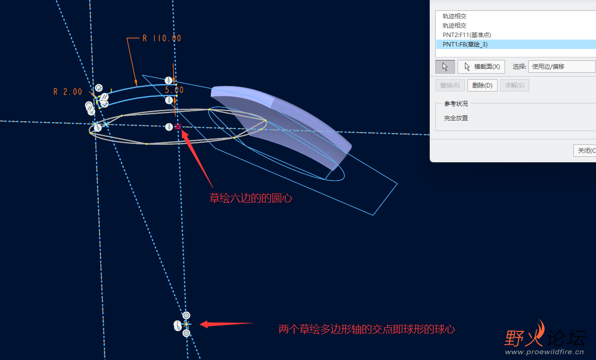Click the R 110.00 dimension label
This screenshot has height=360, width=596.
click(x=162, y=38)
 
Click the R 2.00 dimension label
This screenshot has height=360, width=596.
click(x=68, y=92)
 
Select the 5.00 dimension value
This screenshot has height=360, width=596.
click(x=174, y=90)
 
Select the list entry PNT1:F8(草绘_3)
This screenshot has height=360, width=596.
click(x=465, y=45)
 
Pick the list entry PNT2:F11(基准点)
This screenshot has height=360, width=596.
click(x=467, y=35)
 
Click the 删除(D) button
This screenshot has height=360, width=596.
click(x=482, y=86)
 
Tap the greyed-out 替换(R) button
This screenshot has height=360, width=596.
click(x=450, y=86)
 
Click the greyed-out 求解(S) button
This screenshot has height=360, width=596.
click(x=514, y=86)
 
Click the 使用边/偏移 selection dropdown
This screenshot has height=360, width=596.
click(x=561, y=67)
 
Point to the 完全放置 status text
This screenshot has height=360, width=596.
click(x=456, y=118)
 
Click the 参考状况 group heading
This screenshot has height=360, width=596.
click(x=456, y=104)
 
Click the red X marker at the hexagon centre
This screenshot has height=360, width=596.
click(x=178, y=127)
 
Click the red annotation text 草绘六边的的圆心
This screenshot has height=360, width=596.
click(x=251, y=198)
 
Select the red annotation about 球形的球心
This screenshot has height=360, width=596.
click(x=367, y=329)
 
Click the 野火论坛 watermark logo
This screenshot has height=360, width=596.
click(x=545, y=334)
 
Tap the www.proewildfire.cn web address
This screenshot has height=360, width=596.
click(x=544, y=352)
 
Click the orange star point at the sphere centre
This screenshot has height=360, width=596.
click(x=186, y=324)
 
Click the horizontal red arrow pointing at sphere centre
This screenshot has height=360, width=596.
click(x=227, y=324)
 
